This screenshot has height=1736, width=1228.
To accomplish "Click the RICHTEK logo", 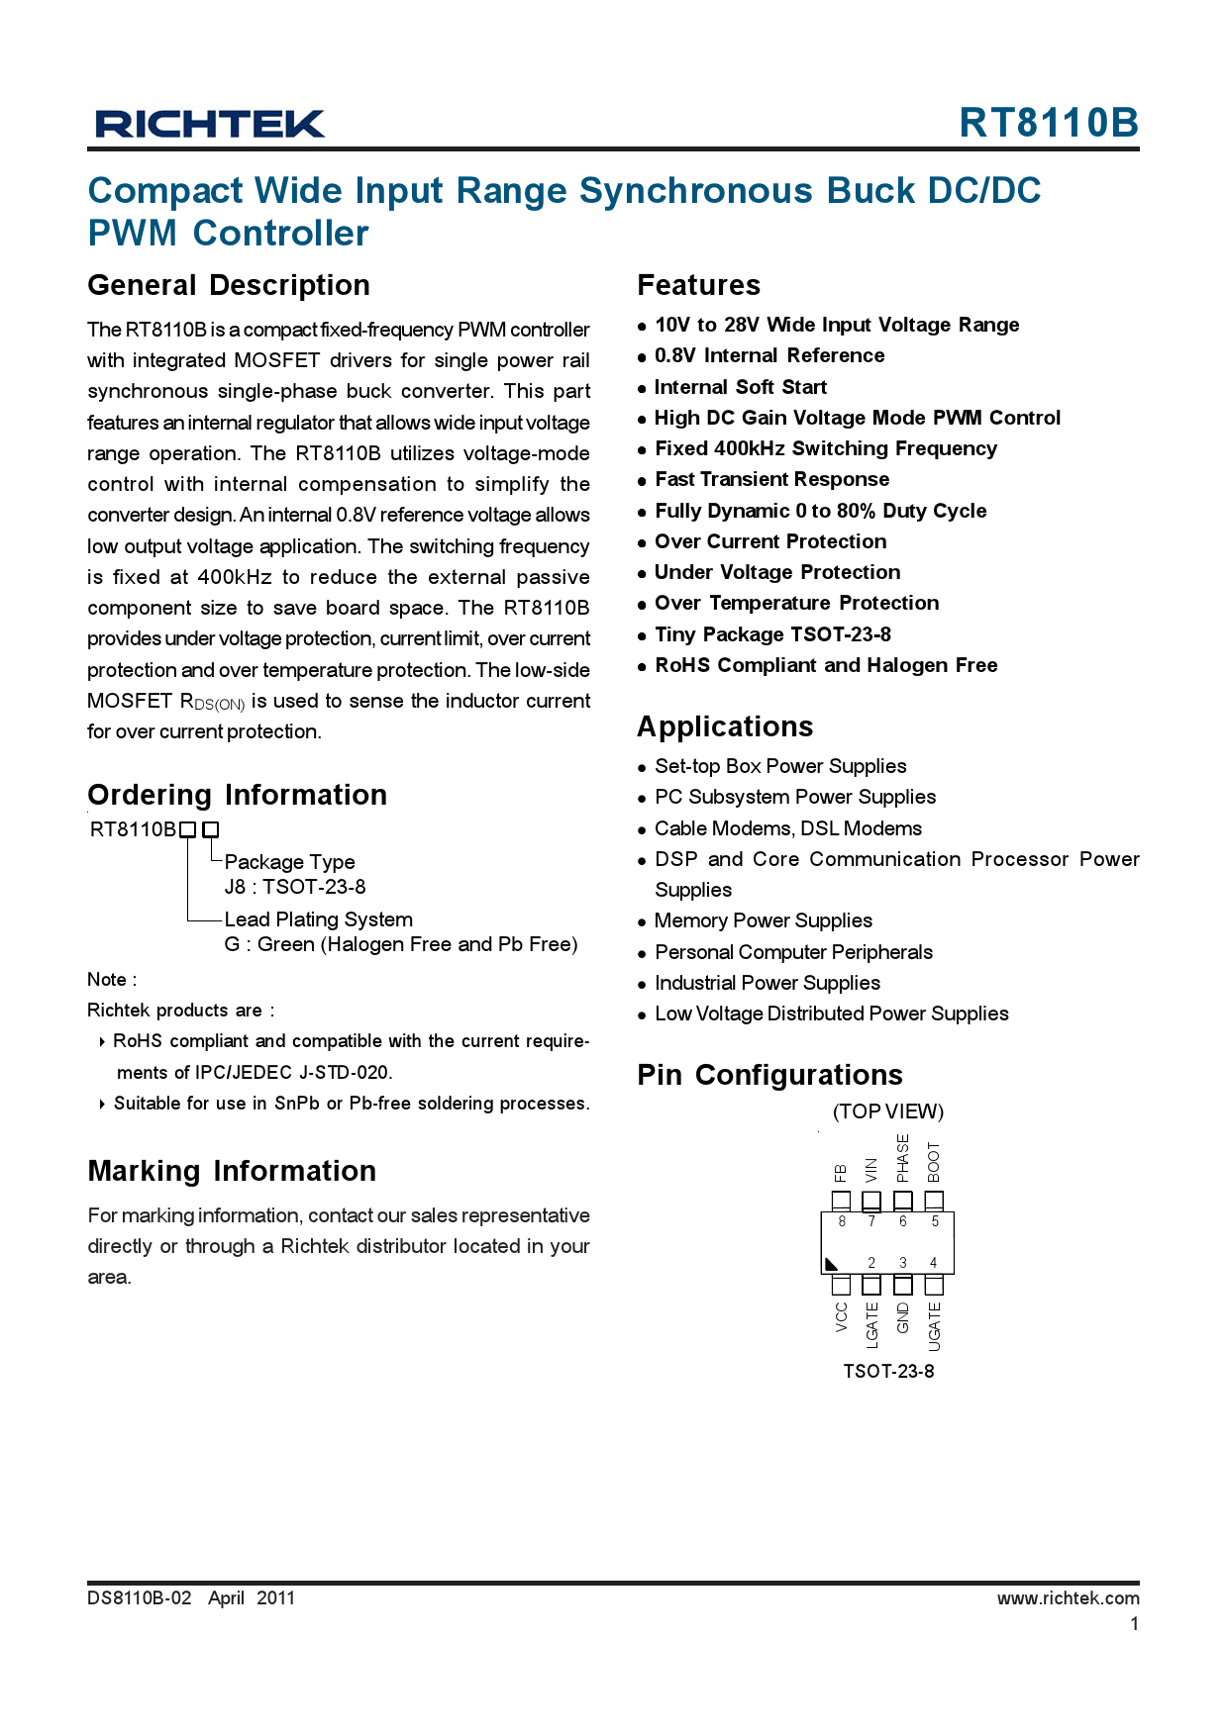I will point(210,124).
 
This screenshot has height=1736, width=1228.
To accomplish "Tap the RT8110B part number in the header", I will point(1048,123).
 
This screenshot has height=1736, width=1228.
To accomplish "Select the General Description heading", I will point(229,285).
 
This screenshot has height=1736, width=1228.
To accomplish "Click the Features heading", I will point(698,285).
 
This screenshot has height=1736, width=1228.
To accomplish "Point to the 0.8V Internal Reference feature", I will point(769,355).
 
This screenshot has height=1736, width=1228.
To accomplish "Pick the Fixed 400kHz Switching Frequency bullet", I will point(826,448).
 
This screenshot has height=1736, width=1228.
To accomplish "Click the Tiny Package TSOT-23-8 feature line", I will point(772,634).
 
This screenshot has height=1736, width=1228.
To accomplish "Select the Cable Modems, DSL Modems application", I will point(788,828).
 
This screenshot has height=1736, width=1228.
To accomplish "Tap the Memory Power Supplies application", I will point(764,920).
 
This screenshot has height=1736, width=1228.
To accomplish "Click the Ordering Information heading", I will point(238,795).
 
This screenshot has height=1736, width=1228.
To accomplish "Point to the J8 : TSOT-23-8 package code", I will point(295,887).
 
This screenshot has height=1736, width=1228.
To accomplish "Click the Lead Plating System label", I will point(318,919).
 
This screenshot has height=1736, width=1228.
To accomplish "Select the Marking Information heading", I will point(232,1171).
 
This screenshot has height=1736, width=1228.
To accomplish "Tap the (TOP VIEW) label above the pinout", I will point(888,1111).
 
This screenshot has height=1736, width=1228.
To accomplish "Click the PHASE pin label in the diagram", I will point(902,1158).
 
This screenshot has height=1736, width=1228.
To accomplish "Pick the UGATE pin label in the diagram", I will point(934,1326).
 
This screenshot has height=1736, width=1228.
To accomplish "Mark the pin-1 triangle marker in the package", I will point(831,1264).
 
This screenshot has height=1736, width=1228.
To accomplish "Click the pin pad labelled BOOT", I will point(934,1201).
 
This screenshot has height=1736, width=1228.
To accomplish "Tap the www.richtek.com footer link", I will point(1068,1597).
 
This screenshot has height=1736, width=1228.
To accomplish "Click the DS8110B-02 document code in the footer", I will point(139,1597).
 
